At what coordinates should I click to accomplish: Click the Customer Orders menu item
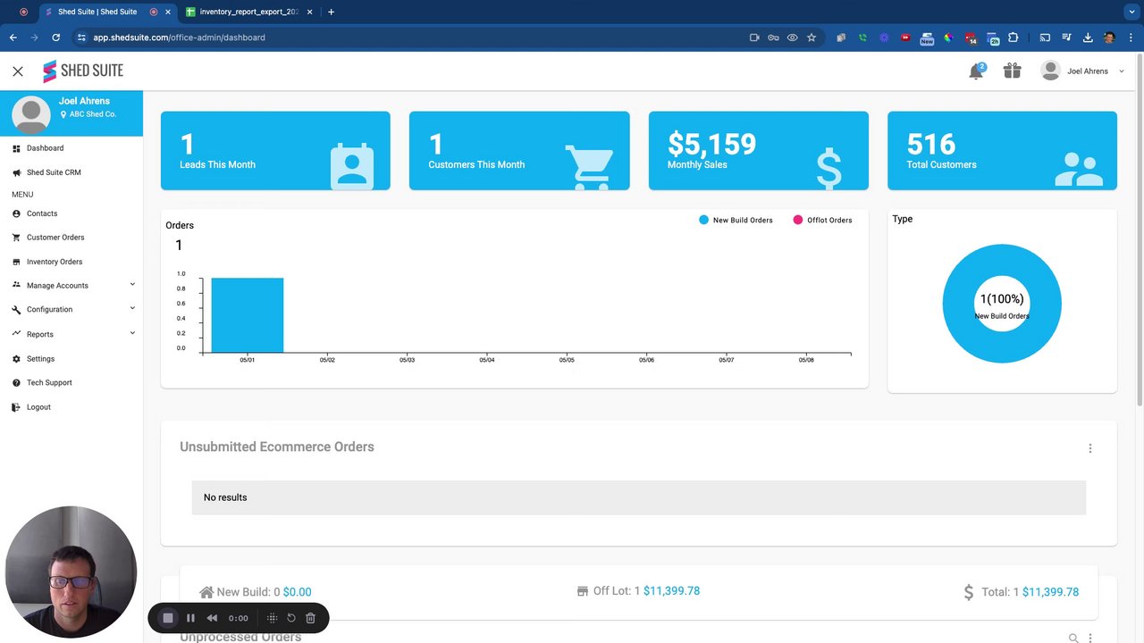coord(55,238)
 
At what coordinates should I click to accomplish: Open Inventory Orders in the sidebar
coord(54,262)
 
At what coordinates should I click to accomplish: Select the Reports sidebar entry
coord(39,334)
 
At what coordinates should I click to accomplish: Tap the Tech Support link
coord(49,382)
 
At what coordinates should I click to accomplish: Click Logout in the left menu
coord(38,407)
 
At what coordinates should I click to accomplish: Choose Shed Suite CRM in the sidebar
coord(54,172)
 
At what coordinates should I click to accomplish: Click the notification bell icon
coord(976,71)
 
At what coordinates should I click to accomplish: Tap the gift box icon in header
coord(1012,71)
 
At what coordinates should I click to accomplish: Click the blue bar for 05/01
coord(247,315)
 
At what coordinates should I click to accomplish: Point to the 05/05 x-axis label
coord(567,360)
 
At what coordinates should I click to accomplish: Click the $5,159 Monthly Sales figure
coord(711,144)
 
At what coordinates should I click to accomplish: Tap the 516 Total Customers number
coord(930,144)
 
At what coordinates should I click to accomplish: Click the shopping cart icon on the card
coord(589,166)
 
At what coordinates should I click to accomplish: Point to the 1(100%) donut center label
coord(1002,299)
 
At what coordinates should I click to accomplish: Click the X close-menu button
coord(18,71)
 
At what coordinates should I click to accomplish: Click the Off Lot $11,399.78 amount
coord(671,591)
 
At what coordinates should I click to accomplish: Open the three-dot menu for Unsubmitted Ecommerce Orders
coord(1089,448)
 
